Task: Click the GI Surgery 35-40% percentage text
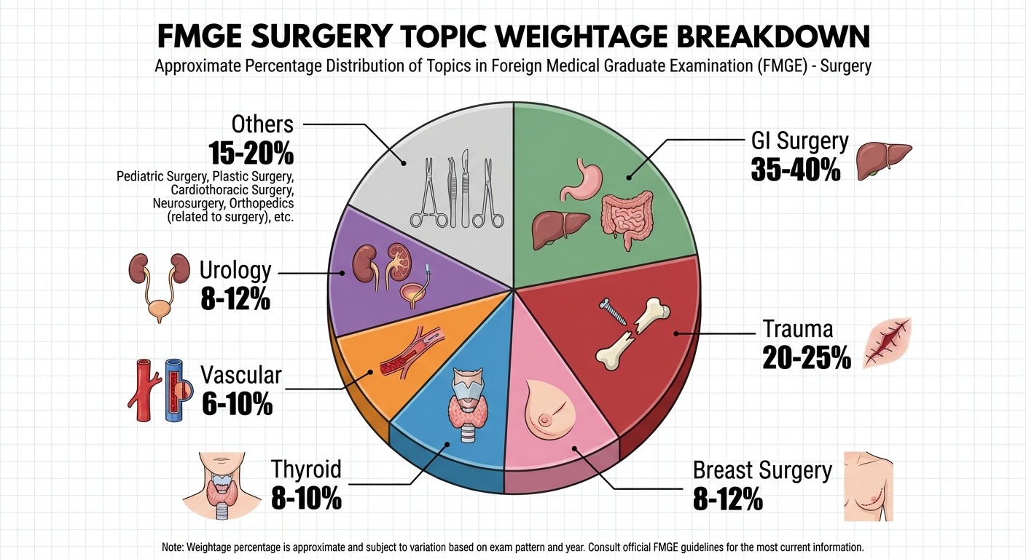(x=795, y=168)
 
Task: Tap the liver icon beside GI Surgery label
(x=882, y=158)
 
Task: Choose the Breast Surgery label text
(x=762, y=470)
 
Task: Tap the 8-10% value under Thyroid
(x=306, y=499)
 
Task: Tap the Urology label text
(x=235, y=271)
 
